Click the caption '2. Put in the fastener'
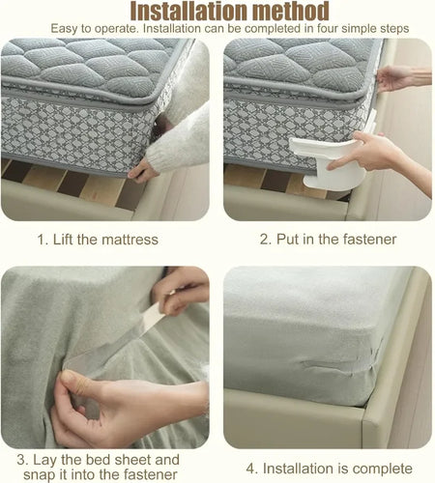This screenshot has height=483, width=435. point(328,238)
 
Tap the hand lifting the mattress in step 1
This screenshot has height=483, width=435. point(142,171)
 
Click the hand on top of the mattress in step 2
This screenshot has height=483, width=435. point(398,77)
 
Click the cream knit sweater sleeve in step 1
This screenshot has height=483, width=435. point(179,135)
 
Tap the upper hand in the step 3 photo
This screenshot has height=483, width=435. point(184,290)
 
